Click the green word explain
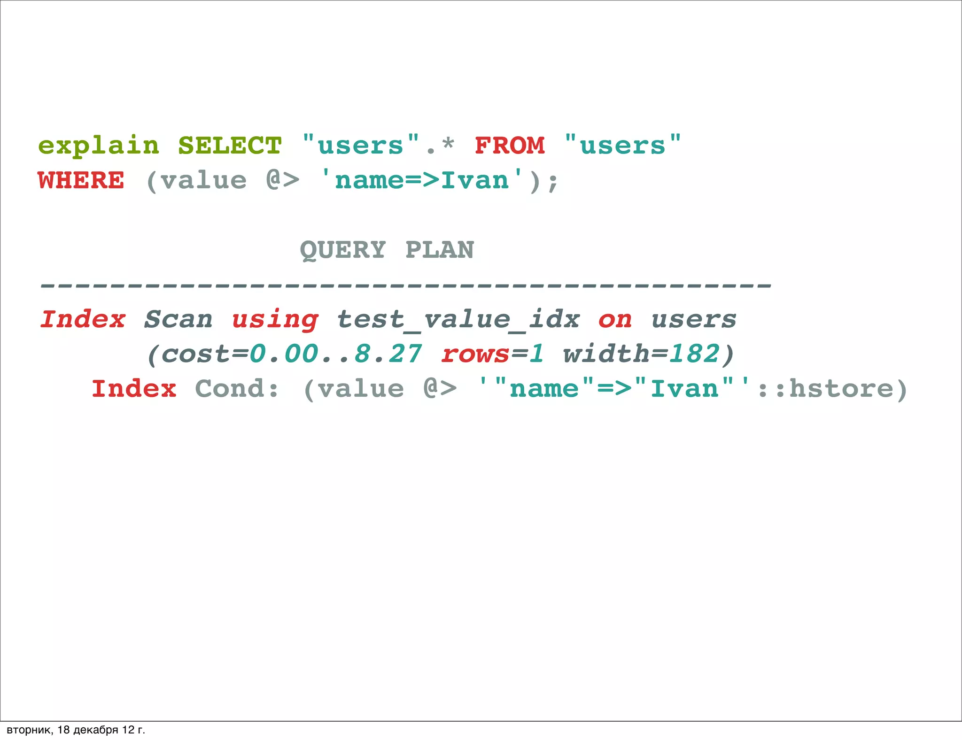pyautogui.click(x=99, y=146)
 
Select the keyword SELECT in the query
pyautogui.click(x=230, y=146)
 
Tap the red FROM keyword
pyautogui.click(x=510, y=146)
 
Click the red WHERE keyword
pyautogui.click(x=81, y=181)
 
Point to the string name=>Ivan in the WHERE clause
pyautogui.click(x=421, y=181)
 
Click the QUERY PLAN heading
pyautogui.click(x=387, y=250)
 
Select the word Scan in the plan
pyautogui.click(x=178, y=320)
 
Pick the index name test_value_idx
pyautogui.click(x=458, y=320)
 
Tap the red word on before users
pyautogui.click(x=615, y=320)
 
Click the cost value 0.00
pyautogui.click(x=284, y=354)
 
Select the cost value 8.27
pyautogui.click(x=388, y=354)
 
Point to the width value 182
pyautogui.click(x=694, y=354)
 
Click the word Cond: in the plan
pyautogui.click(x=237, y=389)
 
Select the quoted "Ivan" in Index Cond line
pyautogui.click(x=685, y=389)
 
